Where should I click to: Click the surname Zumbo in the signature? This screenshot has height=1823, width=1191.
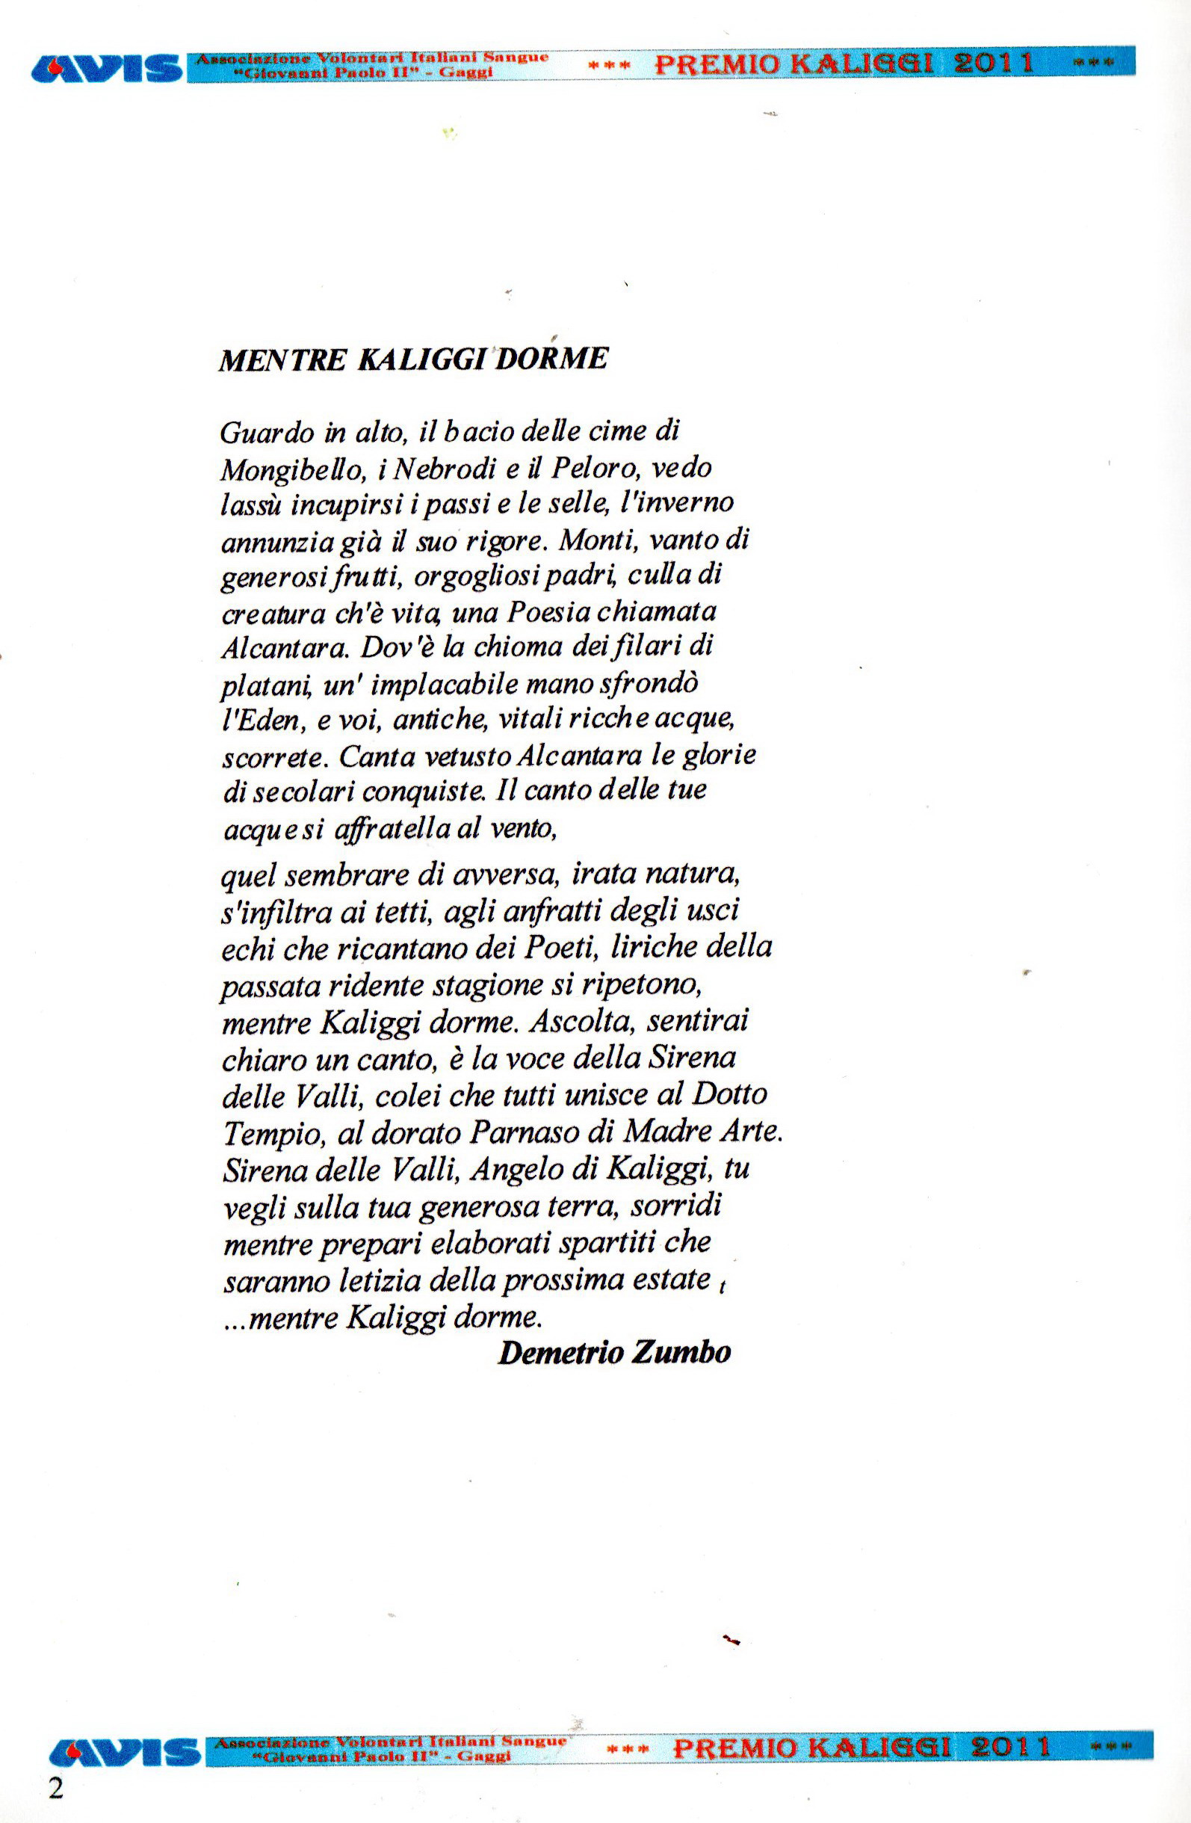point(679,1353)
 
